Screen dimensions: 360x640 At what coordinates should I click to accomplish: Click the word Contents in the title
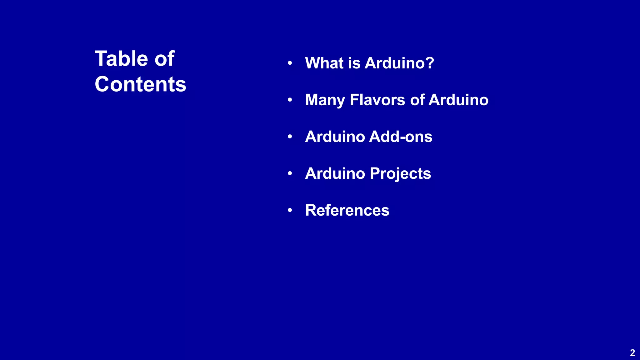(x=140, y=84)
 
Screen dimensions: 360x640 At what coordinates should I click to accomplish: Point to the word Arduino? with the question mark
(x=399, y=63)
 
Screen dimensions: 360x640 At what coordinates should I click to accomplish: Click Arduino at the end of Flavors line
(x=458, y=100)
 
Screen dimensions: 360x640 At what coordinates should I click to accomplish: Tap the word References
(x=347, y=210)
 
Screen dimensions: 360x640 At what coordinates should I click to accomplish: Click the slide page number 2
(x=632, y=353)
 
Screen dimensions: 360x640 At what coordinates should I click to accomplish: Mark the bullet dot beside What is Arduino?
(x=290, y=63)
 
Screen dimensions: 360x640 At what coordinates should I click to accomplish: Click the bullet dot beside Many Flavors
(x=290, y=100)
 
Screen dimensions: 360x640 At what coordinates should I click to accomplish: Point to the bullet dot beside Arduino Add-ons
(x=290, y=137)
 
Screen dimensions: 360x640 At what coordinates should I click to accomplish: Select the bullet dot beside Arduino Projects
(x=290, y=173)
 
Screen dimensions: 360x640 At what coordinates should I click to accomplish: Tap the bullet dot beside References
(x=290, y=210)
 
